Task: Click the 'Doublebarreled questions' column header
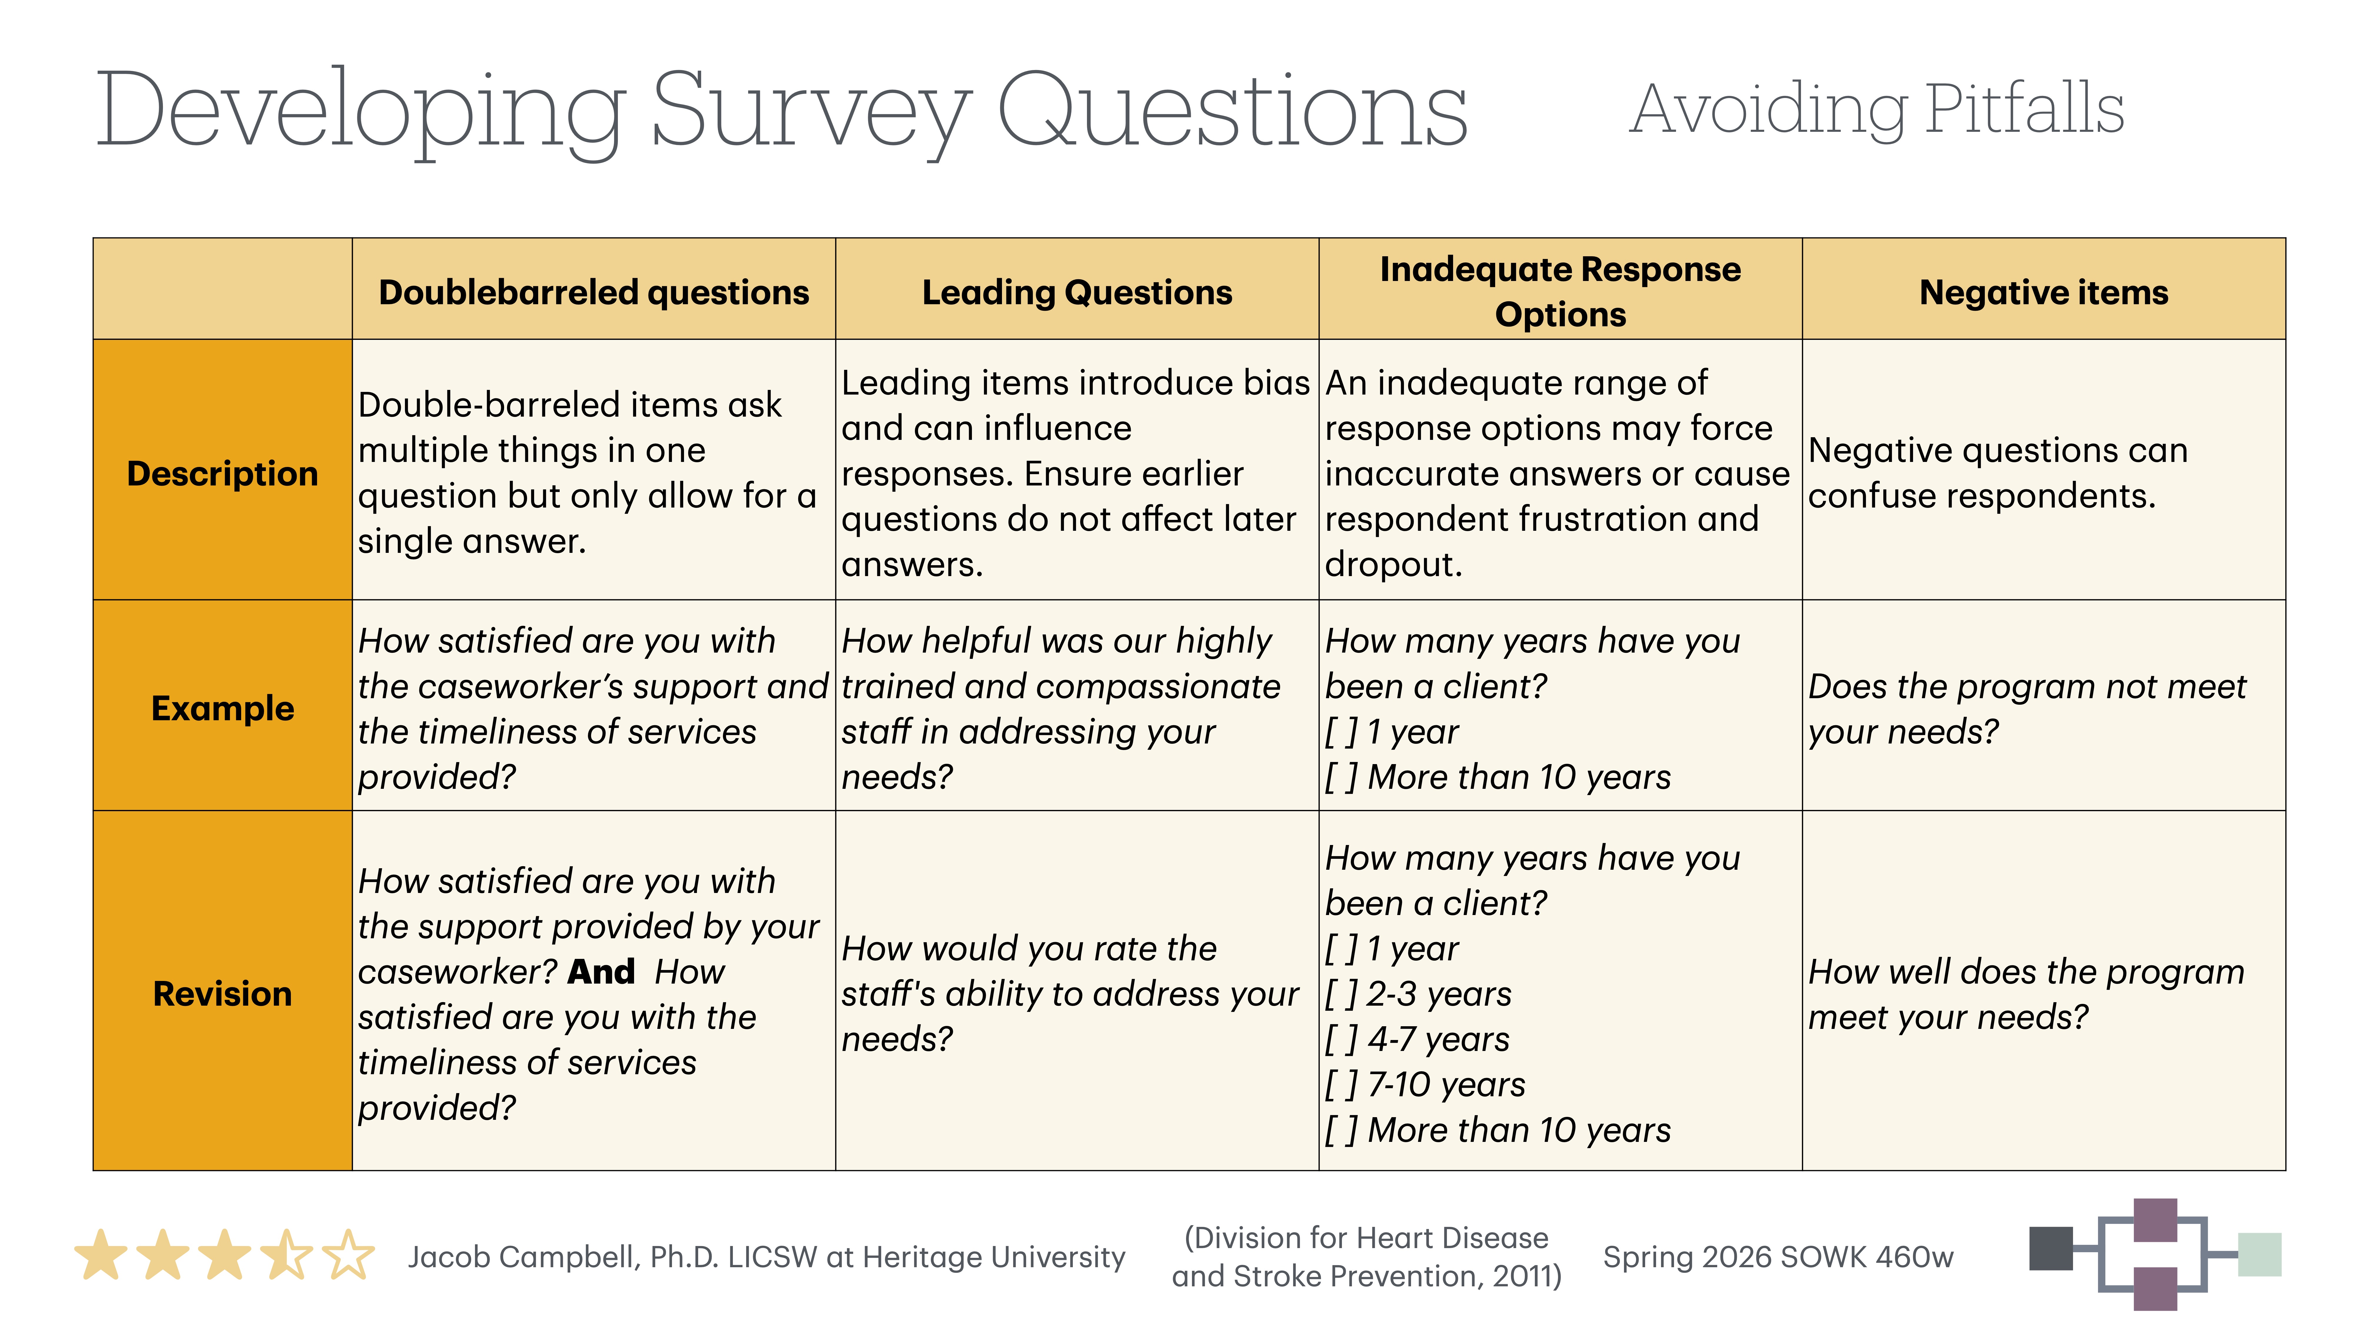click(594, 292)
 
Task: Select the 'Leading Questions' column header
click(1077, 292)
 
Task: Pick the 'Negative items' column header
click(2043, 292)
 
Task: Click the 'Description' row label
click(222, 473)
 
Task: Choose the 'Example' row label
click(222, 708)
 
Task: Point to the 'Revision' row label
click(222, 993)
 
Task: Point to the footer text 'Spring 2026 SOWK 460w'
click(1777, 1257)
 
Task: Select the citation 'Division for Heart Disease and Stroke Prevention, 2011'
click(1367, 1257)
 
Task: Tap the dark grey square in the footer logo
click(2051, 1248)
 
